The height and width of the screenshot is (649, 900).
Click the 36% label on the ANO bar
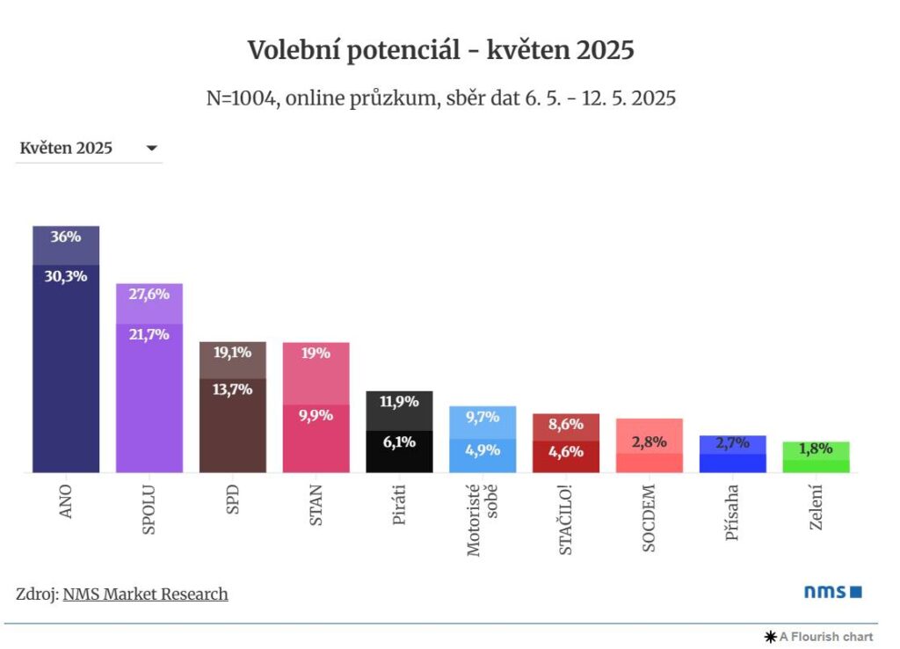point(66,237)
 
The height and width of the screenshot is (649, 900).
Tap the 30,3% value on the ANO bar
point(66,276)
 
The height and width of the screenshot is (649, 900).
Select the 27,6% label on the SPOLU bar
point(149,295)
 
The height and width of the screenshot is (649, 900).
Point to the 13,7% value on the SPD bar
point(233,390)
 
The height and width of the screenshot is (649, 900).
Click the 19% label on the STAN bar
point(316,354)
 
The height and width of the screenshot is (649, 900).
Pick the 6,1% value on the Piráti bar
point(399,442)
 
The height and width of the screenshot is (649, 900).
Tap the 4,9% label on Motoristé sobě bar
point(483,449)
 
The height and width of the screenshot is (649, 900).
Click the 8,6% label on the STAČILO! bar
point(565,423)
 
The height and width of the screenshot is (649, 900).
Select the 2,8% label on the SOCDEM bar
point(649,441)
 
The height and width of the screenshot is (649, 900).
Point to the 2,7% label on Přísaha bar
point(732,443)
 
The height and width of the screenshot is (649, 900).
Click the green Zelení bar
point(816,458)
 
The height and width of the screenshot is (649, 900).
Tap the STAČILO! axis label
point(565,519)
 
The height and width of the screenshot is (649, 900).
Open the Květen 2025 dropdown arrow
point(151,149)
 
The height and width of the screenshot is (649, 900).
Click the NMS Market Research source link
point(145,594)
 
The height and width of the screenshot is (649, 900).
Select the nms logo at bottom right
point(832,592)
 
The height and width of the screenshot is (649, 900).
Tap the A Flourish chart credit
point(818,637)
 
